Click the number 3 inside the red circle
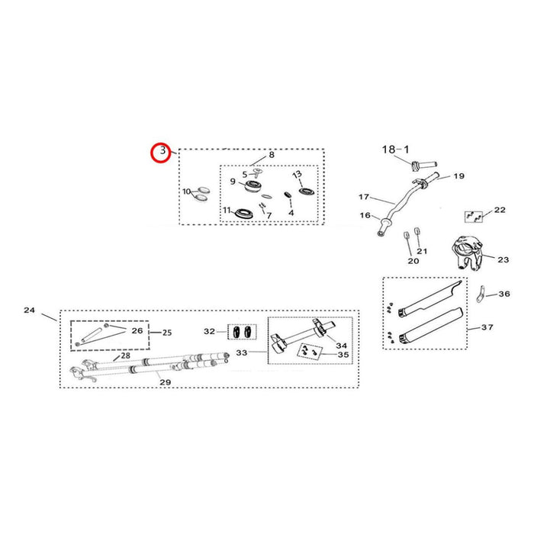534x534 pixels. coord(162,150)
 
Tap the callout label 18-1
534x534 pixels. coord(395,150)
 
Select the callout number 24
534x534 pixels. coord(29,310)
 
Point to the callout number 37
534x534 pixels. coord(487,327)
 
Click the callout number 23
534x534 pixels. coord(503,260)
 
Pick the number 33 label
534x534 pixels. coord(242,352)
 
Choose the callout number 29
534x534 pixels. coord(166,382)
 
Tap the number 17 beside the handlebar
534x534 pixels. coord(364,197)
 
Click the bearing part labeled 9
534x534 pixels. coord(253,186)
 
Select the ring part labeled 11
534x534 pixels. coord(243,214)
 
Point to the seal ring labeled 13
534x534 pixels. coord(307,191)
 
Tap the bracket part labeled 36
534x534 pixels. coord(481,294)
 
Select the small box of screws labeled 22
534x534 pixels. coord(474,217)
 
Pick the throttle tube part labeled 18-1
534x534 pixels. coord(424,166)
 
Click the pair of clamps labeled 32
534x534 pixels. coord(242,332)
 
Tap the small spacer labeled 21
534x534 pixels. coord(417,231)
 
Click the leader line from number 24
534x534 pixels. coord(50,317)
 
